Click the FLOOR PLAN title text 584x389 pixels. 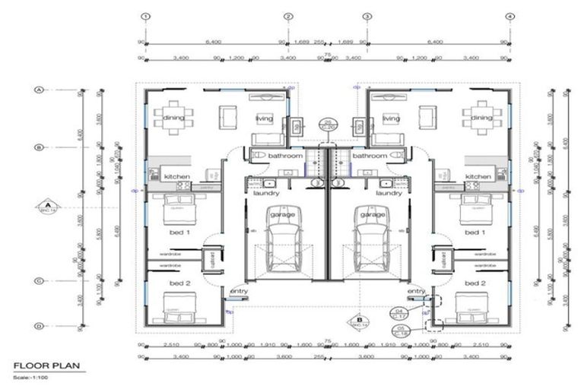click(46, 365)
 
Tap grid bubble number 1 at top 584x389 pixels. click(146, 16)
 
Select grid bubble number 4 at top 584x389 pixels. click(509, 16)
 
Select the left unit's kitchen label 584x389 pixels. click(177, 176)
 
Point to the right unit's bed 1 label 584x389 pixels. click(474, 232)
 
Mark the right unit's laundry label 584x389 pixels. click(389, 193)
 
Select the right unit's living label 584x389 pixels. click(391, 119)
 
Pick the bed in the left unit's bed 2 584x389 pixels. click(176, 308)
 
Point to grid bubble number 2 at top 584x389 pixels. click(288, 16)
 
